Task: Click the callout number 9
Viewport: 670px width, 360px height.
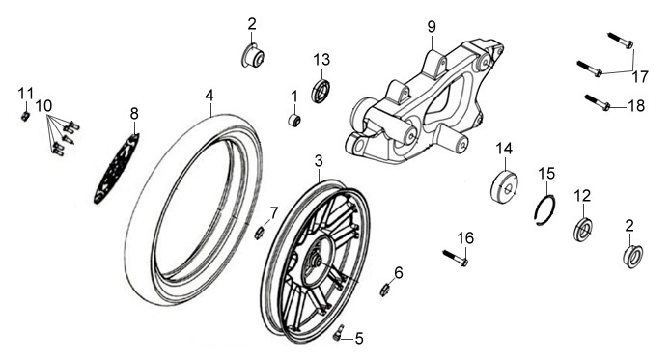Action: [432, 27]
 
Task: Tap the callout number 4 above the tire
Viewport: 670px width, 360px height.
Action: [209, 96]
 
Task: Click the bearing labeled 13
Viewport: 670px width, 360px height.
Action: [321, 91]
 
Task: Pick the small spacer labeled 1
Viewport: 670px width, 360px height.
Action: [294, 120]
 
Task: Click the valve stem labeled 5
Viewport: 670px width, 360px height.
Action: [338, 333]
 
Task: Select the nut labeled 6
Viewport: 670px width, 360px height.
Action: [384, 290]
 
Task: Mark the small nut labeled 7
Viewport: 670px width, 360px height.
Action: [259, 234]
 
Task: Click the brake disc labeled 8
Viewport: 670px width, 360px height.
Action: [116, 169]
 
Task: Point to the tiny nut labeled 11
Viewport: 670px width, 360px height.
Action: [25, 116]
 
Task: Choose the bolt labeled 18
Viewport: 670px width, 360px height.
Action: [597, 102]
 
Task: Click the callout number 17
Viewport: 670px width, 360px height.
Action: [640, 77]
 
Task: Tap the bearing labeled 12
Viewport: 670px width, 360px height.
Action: [583, 229]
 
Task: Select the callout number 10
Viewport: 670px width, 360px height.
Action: [43, 105]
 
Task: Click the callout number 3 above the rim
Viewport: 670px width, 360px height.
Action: [319, 161]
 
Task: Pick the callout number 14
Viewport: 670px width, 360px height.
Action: [504, 149]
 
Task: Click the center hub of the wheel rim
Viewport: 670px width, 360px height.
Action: [318, 261]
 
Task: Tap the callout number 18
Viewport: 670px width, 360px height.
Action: [636, 105]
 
